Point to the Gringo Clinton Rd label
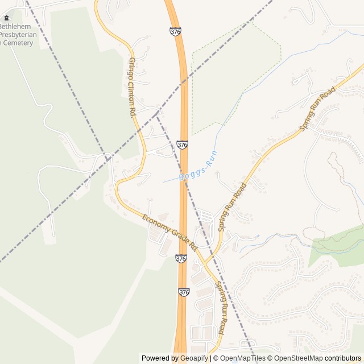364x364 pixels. pos(132,87)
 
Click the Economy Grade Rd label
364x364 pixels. pos(169,232)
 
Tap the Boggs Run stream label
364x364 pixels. pos(198,166)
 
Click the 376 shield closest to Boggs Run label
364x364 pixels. pos(182,145)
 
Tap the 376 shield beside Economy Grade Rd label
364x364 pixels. pos(181,259)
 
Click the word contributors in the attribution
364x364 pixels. pos(343,358)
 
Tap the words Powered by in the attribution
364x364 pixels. pos(158,358)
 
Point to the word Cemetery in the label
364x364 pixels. pos(20,43)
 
